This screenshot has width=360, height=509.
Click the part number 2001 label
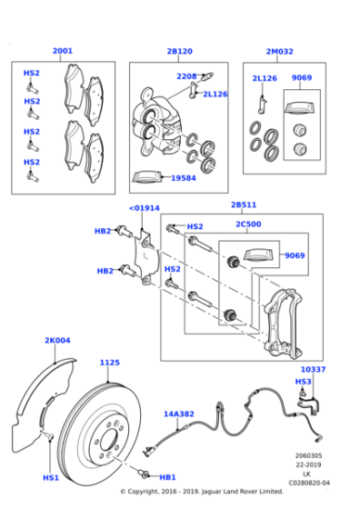62,51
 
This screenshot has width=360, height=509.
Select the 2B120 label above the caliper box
180,51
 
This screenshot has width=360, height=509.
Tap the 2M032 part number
279,51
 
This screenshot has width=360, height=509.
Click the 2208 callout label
186,76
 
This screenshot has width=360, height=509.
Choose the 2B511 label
244,205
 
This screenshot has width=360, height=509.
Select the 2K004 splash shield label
57,340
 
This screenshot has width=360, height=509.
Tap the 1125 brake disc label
109,363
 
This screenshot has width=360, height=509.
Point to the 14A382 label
178,414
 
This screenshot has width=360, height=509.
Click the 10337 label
314,370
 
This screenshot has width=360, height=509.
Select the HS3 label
304,382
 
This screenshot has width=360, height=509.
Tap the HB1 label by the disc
167,477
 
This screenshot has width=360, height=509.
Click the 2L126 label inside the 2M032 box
265,78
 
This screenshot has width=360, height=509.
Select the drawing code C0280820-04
309,483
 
